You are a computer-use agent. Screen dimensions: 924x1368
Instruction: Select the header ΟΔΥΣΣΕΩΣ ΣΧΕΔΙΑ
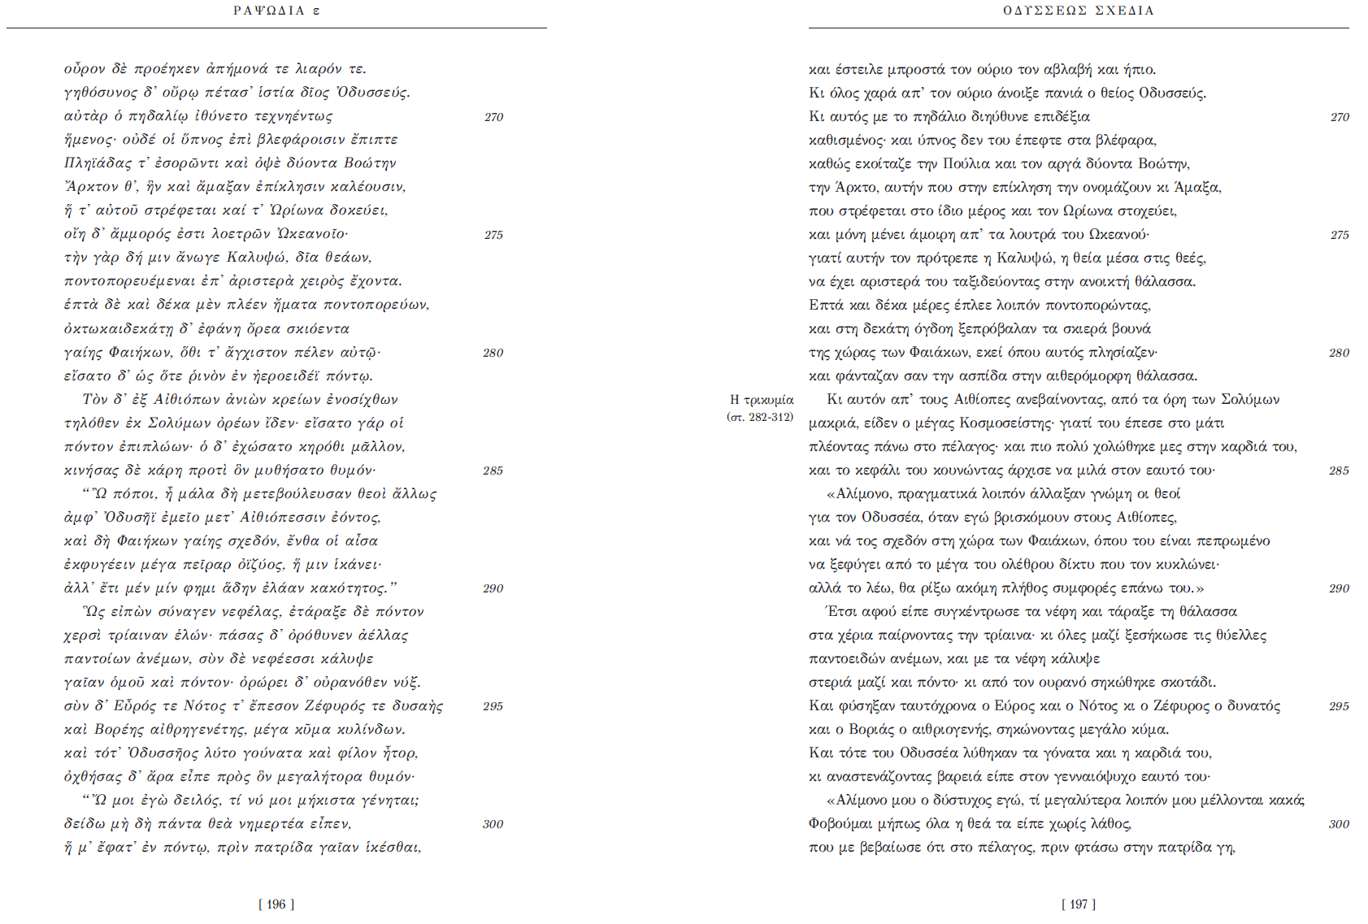pyautogui.click(x=1079, y=11)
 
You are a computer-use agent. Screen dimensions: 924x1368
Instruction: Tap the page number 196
pyautogui.click(x=276, y=904)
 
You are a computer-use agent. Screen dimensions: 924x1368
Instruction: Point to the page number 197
pyautogui.click(x=1079, y=904)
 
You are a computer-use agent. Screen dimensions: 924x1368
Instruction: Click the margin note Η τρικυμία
pyautogui.click(x=762, y=400)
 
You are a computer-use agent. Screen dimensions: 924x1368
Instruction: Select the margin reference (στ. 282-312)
pyautogui.click(x=760, y=417)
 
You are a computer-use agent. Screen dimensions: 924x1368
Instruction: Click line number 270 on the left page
pyautogui.click(x=493, y=117)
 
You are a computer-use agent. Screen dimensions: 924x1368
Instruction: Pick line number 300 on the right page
pyautogui.click(x=1339, y=824)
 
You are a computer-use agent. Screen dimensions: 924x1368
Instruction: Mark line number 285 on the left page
pyautogui.click(x=493, y=471)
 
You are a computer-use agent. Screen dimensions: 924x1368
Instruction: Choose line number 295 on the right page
pyautogui.click(x=1339, y=706)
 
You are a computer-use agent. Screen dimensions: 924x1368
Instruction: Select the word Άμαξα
pyautogui.click(x=1201, y=188)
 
